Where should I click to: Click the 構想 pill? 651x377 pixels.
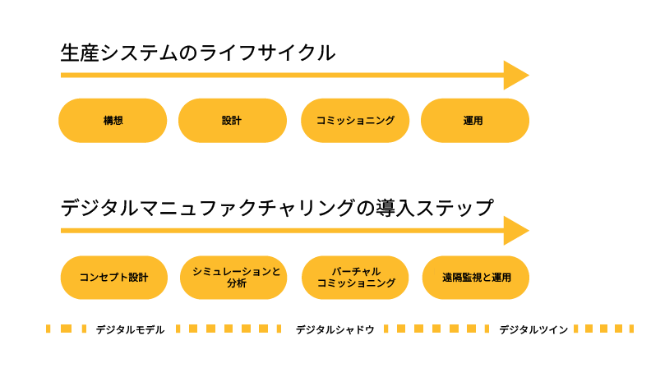pos(113,120)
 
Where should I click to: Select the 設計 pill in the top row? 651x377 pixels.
pos(233,120)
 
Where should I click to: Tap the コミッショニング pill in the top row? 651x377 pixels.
pos(355,120)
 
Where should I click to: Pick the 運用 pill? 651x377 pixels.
pos(475,120)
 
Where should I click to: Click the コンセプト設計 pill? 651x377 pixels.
pos(114,278)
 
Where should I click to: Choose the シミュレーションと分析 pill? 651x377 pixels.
pos(233,278)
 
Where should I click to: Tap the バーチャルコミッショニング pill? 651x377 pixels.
pos(355,278)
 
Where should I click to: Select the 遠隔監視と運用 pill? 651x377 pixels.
pos(476,278)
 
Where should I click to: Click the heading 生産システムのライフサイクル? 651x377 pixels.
pos(197,53)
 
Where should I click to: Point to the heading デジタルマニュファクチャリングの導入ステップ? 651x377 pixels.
pos(277,208)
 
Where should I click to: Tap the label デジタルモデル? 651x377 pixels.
pos(131,329)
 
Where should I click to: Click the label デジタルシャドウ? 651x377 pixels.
pos(335,329)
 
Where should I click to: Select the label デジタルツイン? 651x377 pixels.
pos(533,329)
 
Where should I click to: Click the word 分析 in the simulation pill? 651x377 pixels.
pos(237,283)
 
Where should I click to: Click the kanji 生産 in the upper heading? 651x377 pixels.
pos(80,53)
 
